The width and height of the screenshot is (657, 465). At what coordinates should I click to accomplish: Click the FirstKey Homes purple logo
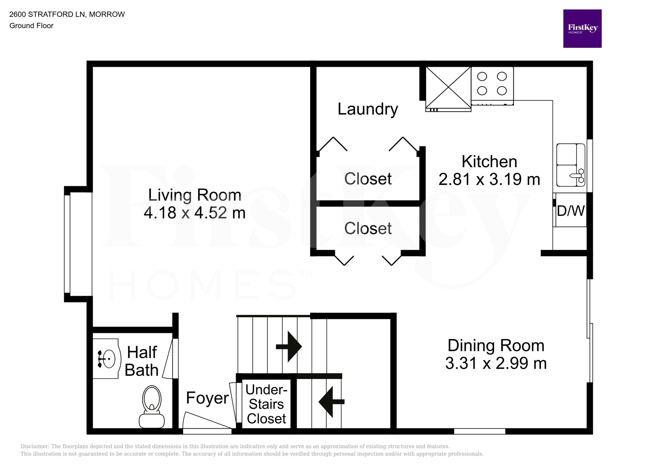click(x=582, y=29)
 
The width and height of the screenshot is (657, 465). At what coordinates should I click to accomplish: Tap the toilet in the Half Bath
click(x=151, y=407)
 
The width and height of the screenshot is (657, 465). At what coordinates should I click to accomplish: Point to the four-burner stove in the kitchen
click(x=492, y=86)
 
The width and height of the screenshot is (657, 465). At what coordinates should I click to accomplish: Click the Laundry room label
click(x=368, y=109)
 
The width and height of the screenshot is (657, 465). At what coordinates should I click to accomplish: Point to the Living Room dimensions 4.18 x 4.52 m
click(x=195, y=213)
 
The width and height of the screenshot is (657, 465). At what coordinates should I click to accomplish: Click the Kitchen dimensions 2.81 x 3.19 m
click(x=489, y=179)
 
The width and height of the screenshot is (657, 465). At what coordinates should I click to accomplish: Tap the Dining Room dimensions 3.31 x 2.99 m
click(x=496, y=363)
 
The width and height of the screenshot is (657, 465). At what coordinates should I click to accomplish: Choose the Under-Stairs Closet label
click(x=266, y=404)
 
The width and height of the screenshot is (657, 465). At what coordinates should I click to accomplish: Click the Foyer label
click(x=207, y=398)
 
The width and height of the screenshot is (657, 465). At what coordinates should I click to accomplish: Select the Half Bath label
click(x=141, y=361)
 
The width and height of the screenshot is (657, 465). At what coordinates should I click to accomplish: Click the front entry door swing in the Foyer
click(x=207, y=420)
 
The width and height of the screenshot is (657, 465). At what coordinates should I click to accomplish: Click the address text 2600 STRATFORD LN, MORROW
click(x=67, y=14)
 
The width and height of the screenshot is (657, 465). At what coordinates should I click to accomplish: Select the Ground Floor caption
click(x=31, y=26)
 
